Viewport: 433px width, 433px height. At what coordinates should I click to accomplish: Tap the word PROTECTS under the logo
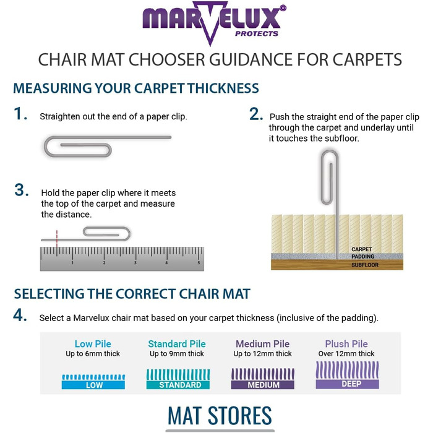(257, 33)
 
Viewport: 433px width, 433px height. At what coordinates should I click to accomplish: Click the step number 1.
(20, 114)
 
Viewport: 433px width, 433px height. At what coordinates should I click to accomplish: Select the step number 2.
(256, 114)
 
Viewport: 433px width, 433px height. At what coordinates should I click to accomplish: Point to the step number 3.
(22, 190)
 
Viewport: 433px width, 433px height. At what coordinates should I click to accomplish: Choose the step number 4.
(20, 315)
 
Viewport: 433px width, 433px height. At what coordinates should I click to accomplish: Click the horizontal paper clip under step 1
(108, 146)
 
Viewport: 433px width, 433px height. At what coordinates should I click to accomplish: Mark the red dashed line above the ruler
(57, 239)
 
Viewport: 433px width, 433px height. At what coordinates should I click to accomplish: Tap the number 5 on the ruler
(199, 263)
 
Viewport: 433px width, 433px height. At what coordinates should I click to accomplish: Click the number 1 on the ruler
(72, 263)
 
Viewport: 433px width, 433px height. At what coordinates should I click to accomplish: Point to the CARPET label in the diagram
(361, 249)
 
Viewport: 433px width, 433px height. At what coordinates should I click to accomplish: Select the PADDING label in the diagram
(363, 257)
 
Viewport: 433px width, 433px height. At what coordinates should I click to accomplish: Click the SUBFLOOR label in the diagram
(365, 265)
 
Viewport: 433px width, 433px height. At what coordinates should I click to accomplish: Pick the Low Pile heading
(93, 344)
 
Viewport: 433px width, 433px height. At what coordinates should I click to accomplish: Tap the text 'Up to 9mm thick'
(177, 354)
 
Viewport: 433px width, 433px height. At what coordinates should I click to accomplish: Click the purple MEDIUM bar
(263, 385)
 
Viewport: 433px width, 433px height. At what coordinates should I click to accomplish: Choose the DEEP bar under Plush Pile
(348, 384)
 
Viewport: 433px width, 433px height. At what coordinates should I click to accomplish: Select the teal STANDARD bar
(178, 385)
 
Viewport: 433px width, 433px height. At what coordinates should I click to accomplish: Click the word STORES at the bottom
(239, 415)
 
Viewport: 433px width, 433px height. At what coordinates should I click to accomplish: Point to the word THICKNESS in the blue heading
(223, 88)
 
